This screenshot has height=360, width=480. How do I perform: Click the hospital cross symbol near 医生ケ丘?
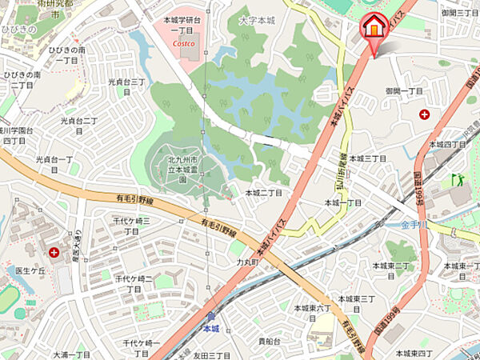click(54, 253)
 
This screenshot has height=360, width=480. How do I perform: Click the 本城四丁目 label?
click(447, 144)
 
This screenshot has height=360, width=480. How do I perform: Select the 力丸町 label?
click(250, 261)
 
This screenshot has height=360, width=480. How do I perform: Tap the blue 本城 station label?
click(210, 328)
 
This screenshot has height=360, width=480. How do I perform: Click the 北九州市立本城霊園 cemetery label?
click(182, 170)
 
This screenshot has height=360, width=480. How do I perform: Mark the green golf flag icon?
click(457, 179)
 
